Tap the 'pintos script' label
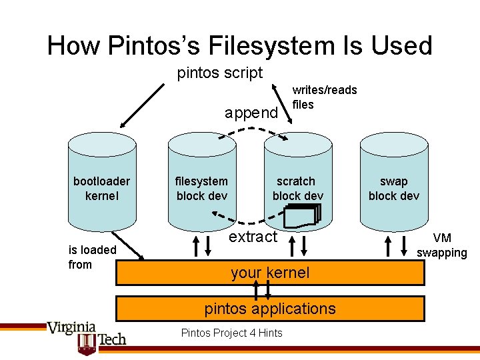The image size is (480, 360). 220,73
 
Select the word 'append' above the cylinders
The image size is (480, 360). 251,113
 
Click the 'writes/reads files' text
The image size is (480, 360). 325,97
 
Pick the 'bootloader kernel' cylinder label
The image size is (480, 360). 101,188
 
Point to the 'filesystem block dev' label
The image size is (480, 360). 201,188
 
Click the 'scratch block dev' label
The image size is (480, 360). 297,188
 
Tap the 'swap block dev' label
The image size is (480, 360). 393,188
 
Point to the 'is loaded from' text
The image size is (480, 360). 93,257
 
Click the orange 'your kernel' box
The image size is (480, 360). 269,273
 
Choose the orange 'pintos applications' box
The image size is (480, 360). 269,309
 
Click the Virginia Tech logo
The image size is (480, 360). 85,336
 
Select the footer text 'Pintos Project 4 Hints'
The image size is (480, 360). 231,333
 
